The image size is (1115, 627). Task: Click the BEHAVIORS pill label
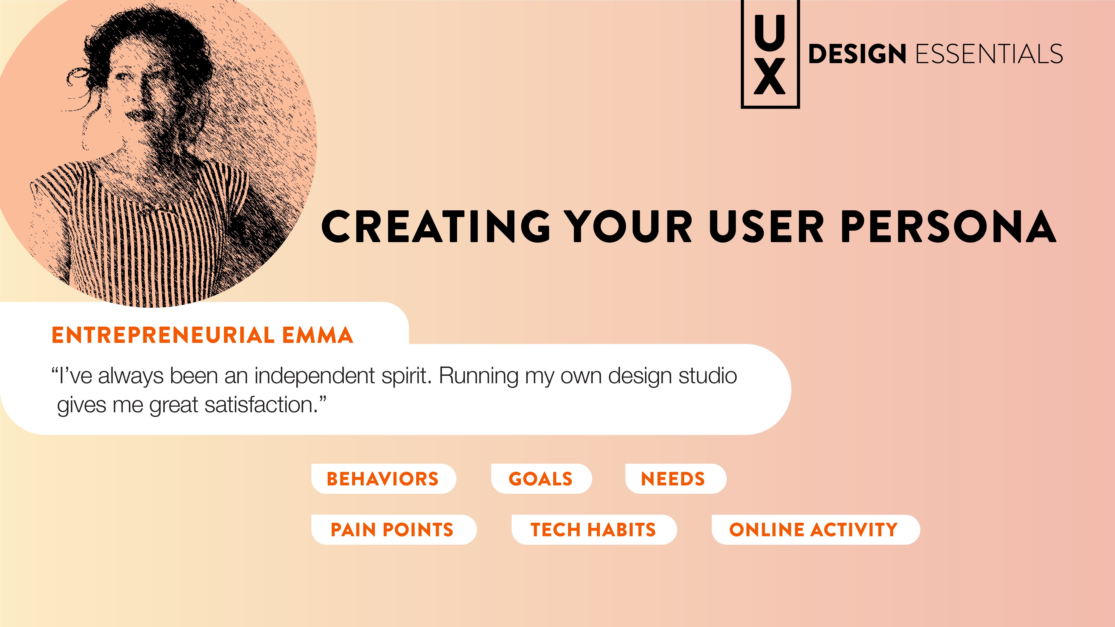pos(383,479)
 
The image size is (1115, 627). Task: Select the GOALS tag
pos(541,479)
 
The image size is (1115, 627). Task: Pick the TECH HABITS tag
pos(594,529)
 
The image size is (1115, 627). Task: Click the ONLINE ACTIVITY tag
pos(815,529)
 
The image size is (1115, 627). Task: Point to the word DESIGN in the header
pos(857,54)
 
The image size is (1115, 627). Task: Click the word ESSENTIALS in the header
pos(989,54)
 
